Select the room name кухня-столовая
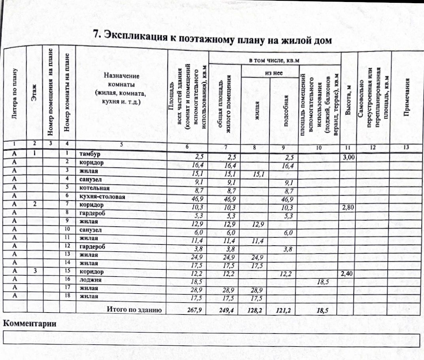pyautogui.click(x=102, y=197)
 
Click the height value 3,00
pyautogui.click(x=349, y=157)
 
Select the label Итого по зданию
pyautogui.click(x=135, y=310)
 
